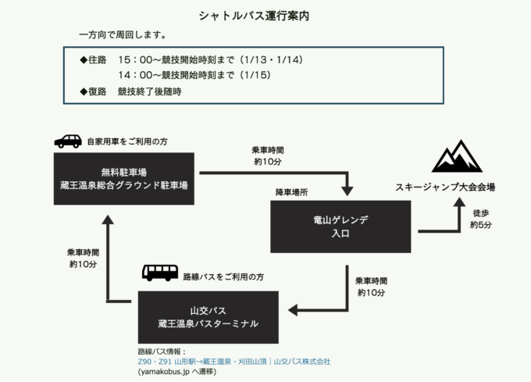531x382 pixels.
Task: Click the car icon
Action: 68,141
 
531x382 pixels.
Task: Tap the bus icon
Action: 159,273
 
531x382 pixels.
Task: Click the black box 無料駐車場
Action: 124,179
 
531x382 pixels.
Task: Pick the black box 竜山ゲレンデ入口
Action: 340,227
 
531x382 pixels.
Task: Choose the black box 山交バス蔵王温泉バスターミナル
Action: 208,316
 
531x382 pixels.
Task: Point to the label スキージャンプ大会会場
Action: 444,187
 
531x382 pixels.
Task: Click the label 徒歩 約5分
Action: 481,219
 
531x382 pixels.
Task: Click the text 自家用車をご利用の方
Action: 127,141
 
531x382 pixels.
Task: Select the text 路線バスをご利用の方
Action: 223,277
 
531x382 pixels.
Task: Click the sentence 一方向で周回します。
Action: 122,36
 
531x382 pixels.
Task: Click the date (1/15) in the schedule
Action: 259,75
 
